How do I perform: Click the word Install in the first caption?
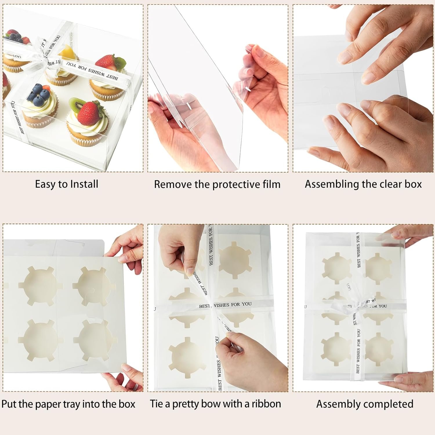tap(84, 184)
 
